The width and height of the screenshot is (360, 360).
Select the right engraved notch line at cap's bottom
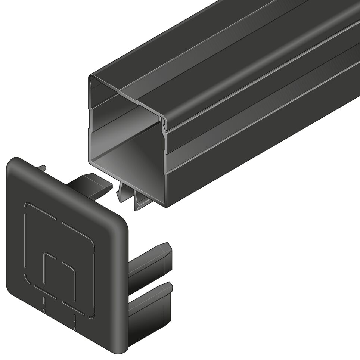click(74, 321)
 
